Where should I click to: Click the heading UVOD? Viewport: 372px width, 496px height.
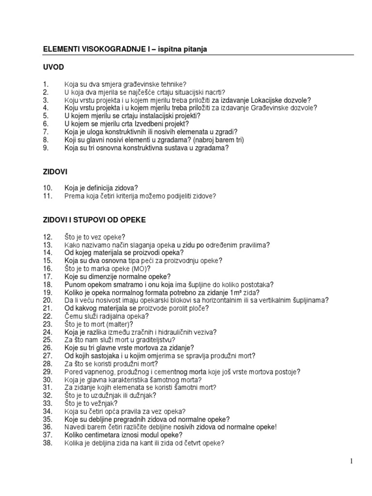(x=53, y=67)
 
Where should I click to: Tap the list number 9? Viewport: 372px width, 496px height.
(x=46, y=148)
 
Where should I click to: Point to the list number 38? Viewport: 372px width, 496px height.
(x=47, y=443)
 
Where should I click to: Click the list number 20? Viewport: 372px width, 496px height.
(x=47, y=300)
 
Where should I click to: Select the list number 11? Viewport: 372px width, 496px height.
(x=47, y=196)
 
